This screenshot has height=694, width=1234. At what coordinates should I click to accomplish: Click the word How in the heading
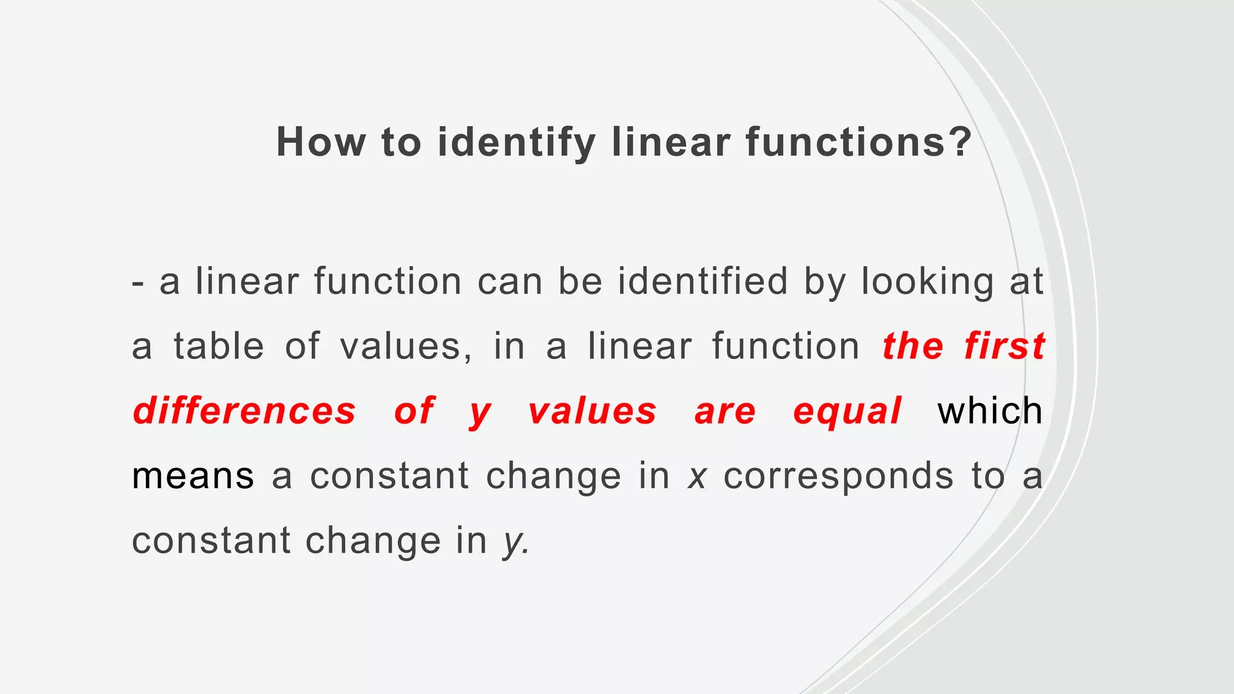(321, 143)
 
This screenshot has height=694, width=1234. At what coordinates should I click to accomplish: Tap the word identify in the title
(516, 143)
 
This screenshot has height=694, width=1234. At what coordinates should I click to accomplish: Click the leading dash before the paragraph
(138, 283)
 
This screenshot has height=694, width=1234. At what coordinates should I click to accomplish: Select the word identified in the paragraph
(703, 281)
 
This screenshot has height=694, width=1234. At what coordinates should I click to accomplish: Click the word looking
(927, 281)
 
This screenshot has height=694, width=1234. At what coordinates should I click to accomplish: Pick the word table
(219, 346)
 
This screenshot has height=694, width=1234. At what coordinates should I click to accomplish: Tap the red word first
(1004, 346)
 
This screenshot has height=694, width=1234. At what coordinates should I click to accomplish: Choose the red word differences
(245, 411)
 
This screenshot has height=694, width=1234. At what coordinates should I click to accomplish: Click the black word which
(990, 411)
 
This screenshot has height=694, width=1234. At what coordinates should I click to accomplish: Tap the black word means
(193, 476)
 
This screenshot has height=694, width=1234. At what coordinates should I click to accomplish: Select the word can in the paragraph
(510, 281)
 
